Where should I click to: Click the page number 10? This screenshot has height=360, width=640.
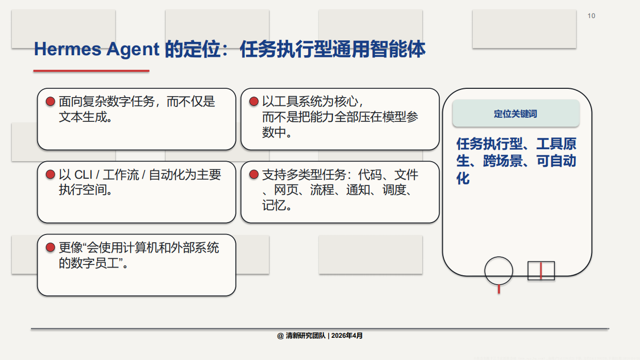coord(591,16)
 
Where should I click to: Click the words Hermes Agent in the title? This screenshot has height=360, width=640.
coord(97,50)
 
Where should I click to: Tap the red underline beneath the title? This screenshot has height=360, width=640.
coord(91,71)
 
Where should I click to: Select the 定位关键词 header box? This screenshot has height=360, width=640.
coord(516,114)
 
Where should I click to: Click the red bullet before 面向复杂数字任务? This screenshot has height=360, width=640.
coord(50,102)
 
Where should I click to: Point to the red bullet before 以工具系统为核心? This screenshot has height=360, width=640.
coord(253,102)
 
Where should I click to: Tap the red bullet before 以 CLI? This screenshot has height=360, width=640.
coord(50,175)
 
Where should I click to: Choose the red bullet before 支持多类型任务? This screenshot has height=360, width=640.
coord(253,175)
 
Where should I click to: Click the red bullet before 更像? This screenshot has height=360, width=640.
coord(50,248)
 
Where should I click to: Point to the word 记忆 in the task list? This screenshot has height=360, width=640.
coord(274,206)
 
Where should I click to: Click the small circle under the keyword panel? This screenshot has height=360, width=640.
coord(499,271)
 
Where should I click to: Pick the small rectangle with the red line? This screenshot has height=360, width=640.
coord(541,271)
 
